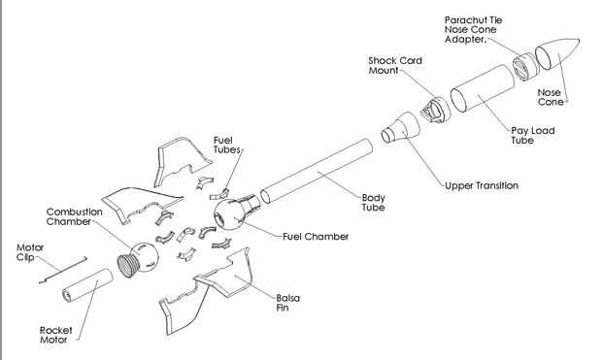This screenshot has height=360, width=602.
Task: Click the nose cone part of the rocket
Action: click(x=557, y=56)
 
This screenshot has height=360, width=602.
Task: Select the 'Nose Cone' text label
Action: click(x=551, y=97)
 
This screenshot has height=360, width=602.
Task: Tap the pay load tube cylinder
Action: click(x=483, y=89)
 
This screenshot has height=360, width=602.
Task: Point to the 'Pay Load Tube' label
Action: click(x=532, y=135)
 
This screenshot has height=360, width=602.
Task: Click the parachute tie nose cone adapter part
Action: click(x=524, y=66)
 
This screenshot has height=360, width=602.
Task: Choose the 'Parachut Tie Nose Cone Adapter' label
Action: click(x=473, y=29)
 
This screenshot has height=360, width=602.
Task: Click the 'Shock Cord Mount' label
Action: click(x=394, y=66)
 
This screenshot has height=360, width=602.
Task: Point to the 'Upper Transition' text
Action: click(x=482, y=185)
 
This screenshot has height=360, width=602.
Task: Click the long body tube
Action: click(x=317, y=171)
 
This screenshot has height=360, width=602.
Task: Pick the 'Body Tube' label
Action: click(x=373, y=203)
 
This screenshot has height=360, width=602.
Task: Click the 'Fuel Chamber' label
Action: click(x=316, y=237)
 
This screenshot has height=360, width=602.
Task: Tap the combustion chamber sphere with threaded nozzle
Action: click(x=138, y=259)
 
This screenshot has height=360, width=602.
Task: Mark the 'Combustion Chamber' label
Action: click(x=74, y=216)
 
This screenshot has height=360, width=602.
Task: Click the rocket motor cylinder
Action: click(x=88, y=285)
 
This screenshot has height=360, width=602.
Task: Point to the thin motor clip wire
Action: click(x=63, y=271)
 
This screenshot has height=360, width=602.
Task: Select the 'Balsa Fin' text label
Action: click(x=288, y=303)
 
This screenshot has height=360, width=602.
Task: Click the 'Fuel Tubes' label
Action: click(x=227, y=146)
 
